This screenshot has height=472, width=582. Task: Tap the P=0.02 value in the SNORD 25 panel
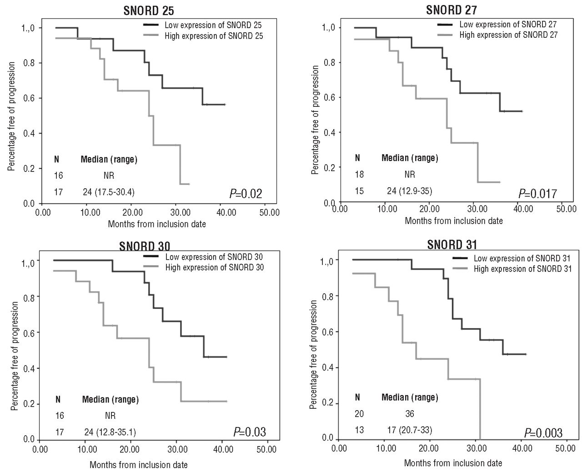tap(246, 194)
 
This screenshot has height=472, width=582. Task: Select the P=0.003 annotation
tap(543, 433)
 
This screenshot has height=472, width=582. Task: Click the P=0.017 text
tap(537, 194)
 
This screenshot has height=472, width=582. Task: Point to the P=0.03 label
tap(250, 432)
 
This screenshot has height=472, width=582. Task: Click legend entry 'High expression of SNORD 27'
tap(508, 35)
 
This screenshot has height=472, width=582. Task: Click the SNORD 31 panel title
tap(452, 245)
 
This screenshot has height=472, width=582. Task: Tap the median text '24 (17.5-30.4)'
tap(108, 192)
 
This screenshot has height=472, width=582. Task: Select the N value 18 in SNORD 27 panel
tap(359, 174)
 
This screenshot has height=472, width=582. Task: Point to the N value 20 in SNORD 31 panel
tap(359, 414)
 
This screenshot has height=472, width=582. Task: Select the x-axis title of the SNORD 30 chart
tap(138, 465)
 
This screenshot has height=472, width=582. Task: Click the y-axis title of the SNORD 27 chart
tap(315, 119)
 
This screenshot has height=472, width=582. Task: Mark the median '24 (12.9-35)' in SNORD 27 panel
tap(409, 191)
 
